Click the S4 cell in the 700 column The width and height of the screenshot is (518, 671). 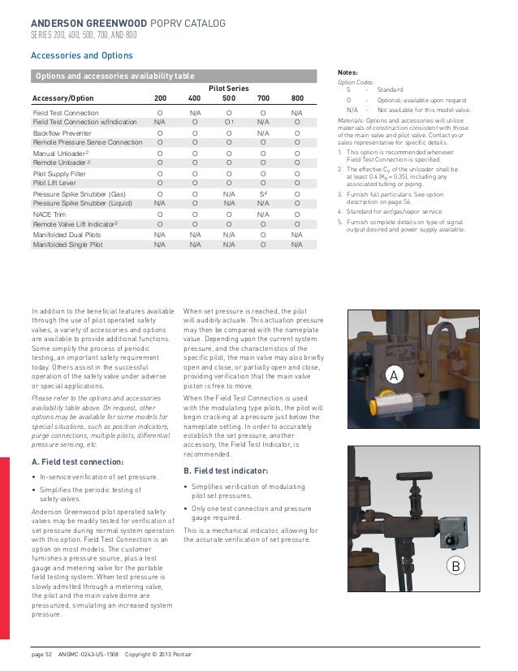[x=263, y=194]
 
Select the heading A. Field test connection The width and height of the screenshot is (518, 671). [x=77, y=461]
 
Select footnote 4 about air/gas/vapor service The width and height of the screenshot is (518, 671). [x=399, y=211]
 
